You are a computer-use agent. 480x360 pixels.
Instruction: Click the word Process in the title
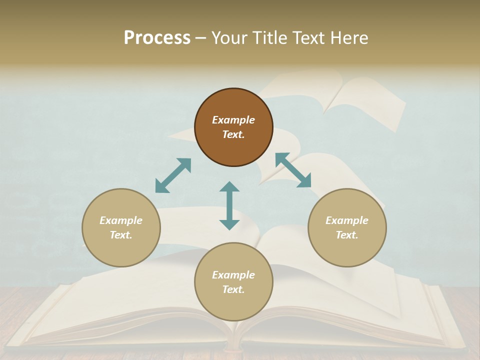pos(157,38)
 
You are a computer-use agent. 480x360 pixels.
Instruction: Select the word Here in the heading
pos(349,38)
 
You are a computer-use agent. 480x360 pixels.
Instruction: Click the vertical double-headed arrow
pos(229,205)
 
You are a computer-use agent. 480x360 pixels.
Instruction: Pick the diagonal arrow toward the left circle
pos(173,175)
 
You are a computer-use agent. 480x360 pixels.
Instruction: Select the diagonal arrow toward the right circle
pos(293,170)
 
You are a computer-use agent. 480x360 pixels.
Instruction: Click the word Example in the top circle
pos(233,120)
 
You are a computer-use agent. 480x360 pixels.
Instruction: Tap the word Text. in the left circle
pos(121,235)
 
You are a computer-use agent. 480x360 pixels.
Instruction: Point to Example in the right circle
pos(347,220)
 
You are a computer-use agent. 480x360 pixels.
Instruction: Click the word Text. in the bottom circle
pos(233,289)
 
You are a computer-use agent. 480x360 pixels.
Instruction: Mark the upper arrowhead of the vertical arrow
pos(229,187)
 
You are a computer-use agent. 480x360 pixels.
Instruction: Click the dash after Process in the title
pos(201,38)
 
